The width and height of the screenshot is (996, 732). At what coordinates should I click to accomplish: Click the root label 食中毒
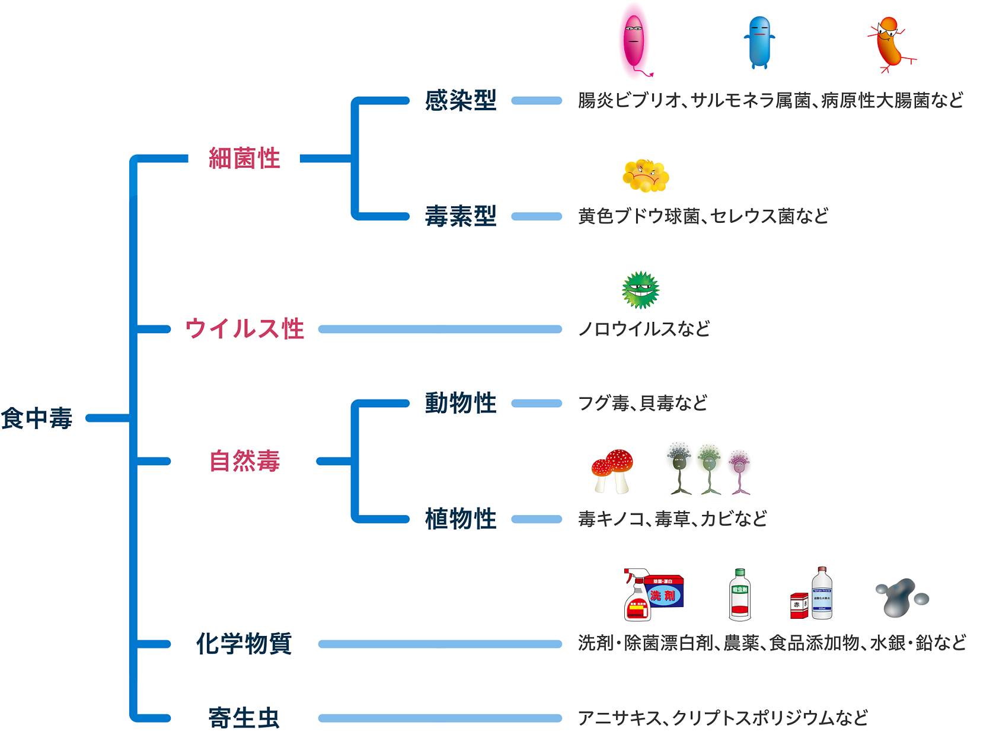[x=37, y=418]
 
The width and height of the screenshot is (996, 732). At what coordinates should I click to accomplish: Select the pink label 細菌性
[x=244, y=159]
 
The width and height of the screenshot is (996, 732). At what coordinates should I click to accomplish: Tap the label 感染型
[x=461, y=101]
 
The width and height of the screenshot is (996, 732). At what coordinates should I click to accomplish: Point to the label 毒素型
[x=461, y=216]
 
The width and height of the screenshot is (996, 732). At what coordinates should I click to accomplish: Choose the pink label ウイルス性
[x=244, y=329]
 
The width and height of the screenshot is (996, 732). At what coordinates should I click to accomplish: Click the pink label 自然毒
[x=244, y=461]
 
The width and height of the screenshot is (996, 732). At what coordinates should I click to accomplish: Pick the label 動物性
[x=461, y=404]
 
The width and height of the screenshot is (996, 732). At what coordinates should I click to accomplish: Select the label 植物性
[x=461, y=519]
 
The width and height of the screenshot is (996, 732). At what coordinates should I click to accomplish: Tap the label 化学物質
[x=244, y=644]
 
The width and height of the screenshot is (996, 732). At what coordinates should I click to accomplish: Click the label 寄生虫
[x=244, y=718]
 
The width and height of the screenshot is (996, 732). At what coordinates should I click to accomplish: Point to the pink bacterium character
[x=634, y=40]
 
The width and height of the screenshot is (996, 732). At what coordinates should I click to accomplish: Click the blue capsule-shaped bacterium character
[x=759, y=42]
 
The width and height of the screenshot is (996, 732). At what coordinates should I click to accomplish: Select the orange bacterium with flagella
[x=889, y=44]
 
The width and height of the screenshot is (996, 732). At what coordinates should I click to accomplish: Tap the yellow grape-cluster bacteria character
[x=646, y=176]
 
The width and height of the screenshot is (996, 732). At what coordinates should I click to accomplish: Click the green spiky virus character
[x=640, y=290]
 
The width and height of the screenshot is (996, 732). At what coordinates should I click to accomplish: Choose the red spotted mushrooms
[x=613, y=470]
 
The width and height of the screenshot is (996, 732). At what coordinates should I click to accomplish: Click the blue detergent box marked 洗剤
[x=665, y=592]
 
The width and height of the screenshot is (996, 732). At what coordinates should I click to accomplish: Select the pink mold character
[x=739, y=471]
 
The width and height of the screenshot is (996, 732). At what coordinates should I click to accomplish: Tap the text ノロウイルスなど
[x=644, y=329]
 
